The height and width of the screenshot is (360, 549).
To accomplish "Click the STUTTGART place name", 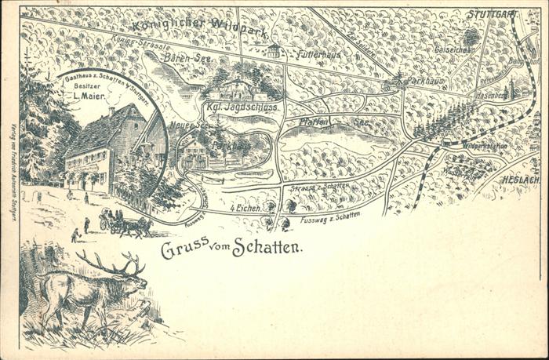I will (493, 14).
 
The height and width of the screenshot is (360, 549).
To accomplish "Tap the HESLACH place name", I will (520, 179).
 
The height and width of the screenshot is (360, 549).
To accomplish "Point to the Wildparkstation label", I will (484, 146).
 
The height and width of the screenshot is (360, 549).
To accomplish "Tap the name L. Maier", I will (90, 96).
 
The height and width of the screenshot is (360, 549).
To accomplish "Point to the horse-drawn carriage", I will (125, 224).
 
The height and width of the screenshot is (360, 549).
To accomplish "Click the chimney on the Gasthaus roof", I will (111, 112).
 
